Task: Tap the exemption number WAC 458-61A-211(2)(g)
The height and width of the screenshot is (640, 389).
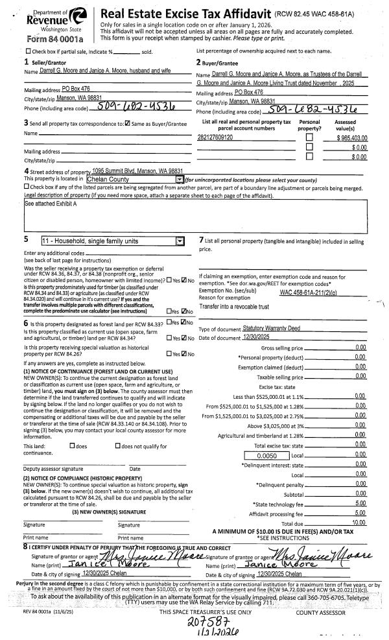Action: point(316,292)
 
